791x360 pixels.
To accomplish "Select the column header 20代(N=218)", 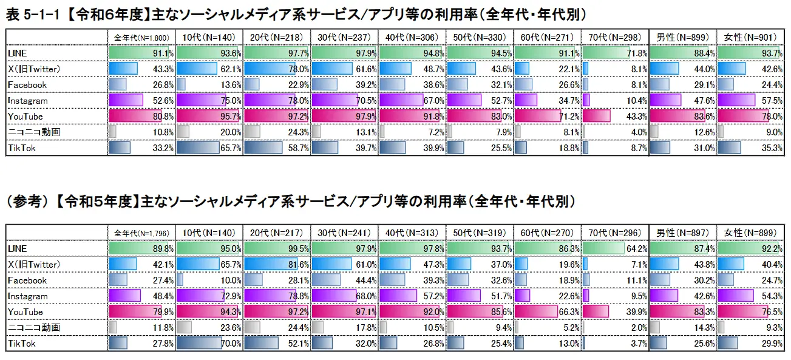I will pos(276,38).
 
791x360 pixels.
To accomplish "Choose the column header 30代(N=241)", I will pos(344,233).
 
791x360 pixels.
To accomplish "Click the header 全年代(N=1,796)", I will pos(141,233).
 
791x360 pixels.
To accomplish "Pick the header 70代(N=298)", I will pos(614,38).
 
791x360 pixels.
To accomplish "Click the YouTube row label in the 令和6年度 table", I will pos(25,116).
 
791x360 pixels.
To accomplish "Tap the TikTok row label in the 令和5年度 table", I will pos(22,344).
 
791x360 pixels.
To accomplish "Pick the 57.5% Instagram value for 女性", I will pos(772,100).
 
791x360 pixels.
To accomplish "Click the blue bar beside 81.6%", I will pos(269,265).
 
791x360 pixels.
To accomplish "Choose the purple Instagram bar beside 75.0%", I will pos(200,100).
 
